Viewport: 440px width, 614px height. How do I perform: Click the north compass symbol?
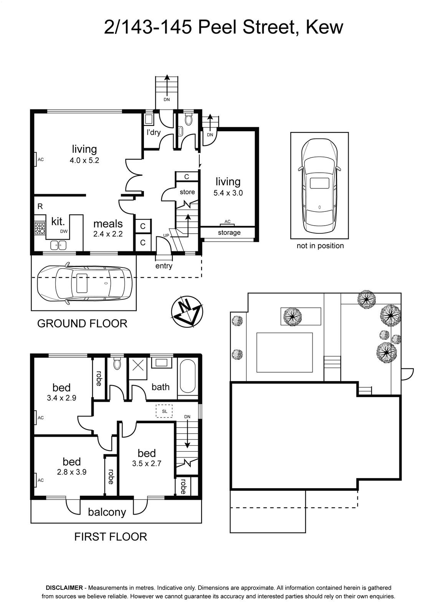tap(187, 312)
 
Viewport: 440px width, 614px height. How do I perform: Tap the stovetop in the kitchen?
tap(40, 228)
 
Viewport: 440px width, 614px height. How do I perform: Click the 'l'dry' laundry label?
tap(153, 133)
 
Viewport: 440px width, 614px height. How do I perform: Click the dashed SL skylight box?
tap(164, 411)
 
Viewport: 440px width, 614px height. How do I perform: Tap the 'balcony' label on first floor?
tap(107, 512)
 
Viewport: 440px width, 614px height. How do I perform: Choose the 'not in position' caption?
tap(320, 246)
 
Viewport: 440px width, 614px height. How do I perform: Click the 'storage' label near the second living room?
tap(229, 233)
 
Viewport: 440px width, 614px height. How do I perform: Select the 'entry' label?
tap(164, 266)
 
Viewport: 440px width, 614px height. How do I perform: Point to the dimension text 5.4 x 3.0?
tap(228, 193)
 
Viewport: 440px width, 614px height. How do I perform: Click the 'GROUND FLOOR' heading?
tap(82, 324)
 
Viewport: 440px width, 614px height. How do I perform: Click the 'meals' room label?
tap(108, 224)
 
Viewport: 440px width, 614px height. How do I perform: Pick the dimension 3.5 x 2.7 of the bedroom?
tap(147, 464)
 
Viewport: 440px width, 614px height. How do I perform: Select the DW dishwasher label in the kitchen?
tap(64, 231)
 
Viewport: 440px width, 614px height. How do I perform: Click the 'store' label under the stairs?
tap(187, 192)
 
